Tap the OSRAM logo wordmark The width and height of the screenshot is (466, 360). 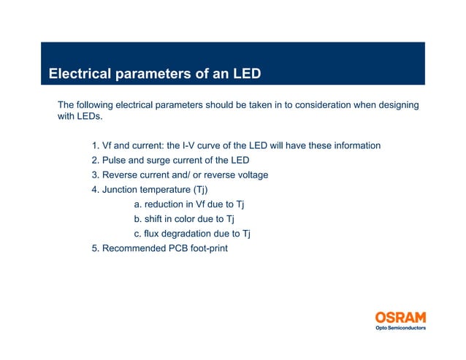[400, 318]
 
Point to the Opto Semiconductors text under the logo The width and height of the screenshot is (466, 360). [400, 329]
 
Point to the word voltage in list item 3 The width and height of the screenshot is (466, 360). [251, 175]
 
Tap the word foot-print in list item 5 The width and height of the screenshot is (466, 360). [207, 248]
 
